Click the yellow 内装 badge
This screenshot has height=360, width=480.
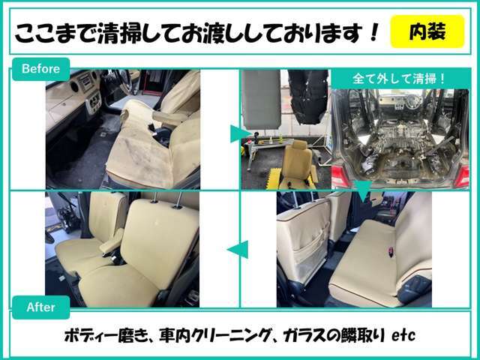tap(427, 31)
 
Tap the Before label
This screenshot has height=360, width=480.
tap(40, 69)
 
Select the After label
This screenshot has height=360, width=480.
tap(40, 307)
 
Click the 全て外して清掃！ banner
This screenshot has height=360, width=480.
tap(400, 79)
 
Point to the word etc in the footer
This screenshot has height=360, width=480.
tap(403, 336)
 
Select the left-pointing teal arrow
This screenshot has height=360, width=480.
tap(238, 250)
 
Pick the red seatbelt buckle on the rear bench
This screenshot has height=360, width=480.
tap(391, 250)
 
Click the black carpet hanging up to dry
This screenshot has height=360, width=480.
tap(308, 97)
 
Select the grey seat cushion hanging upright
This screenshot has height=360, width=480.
tap(261, 99)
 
